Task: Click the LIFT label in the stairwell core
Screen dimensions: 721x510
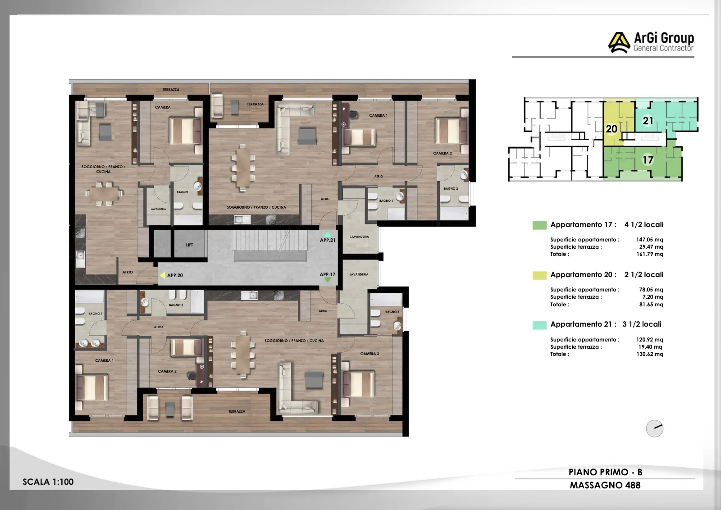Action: click(189, 245)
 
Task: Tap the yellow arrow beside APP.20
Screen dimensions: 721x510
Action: click(163, 275)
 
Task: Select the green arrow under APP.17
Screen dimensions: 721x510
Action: click(328, 280)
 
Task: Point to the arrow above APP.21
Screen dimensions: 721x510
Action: click(327, 234)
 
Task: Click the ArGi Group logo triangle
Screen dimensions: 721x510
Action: click(619, 42)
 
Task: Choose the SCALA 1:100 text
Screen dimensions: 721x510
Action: click(48, 482)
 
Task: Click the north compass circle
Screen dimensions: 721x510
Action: click(654, 428)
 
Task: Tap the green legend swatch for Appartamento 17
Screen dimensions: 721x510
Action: click(539, 225)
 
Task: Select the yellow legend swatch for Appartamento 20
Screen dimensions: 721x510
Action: click(539, 275)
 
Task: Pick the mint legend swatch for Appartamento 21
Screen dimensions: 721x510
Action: click(539, 325)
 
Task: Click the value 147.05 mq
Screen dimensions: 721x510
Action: click(649, 239)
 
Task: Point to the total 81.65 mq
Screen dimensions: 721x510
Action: click(651, 305)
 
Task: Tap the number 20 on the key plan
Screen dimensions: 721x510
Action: click(611, 129)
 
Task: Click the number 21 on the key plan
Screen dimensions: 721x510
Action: click(648, 121)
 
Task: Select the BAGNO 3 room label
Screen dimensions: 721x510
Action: click(392, 311)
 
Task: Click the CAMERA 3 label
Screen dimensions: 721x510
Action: click(370, 354)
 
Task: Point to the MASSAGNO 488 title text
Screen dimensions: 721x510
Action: click(605, 485)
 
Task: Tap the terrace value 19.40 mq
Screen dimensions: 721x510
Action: click(650, 347)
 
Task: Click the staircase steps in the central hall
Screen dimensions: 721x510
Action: click(269, 241)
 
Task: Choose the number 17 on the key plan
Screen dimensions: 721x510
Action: click(648, 160)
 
